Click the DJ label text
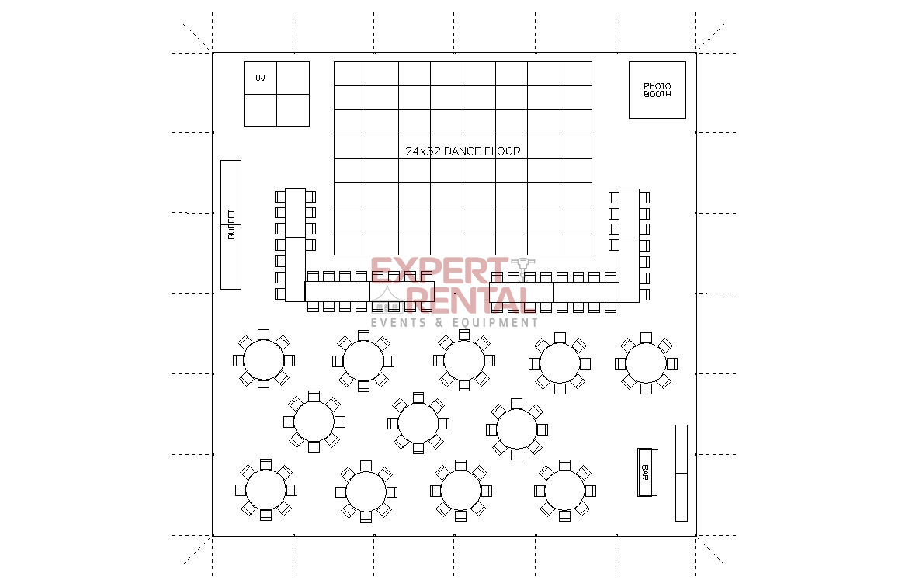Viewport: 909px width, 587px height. (260, 77)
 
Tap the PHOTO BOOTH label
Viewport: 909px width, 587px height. (657, 90)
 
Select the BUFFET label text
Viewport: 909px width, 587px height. (231, 224)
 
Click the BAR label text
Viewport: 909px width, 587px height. (644, 472)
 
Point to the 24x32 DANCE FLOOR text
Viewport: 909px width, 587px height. (463, 151)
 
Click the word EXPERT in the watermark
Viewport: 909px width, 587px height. (439, 270)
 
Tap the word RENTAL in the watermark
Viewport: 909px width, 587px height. (470, 300)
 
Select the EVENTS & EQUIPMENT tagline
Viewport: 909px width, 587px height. (455, 322)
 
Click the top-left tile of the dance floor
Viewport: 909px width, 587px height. (350, 74)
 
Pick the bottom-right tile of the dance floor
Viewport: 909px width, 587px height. (576, 243)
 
